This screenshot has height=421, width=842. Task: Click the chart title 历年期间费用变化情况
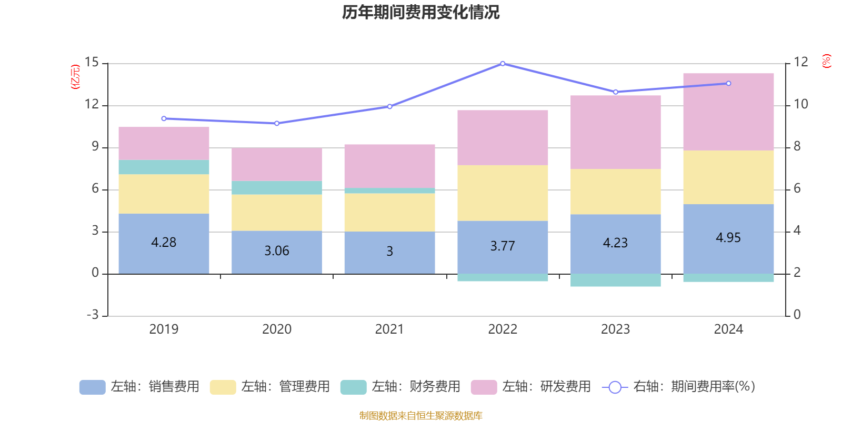420,13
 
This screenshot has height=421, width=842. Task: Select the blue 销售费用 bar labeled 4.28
164,244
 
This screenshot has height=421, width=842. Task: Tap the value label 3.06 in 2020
277,250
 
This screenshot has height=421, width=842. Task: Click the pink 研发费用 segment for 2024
728,112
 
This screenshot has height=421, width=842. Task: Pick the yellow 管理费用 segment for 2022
503,193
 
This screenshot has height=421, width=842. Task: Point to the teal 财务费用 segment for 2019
164,167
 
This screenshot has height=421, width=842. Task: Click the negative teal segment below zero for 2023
616,280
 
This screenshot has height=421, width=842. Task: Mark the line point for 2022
503,64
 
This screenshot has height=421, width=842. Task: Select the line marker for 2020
277,123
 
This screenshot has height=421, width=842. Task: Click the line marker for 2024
728,84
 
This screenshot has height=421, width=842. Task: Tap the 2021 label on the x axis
389,329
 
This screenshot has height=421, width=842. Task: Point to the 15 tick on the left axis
92,62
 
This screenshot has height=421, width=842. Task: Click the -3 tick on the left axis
93,315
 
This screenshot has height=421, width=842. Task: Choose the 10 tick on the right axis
800,104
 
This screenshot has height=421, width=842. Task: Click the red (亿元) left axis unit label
75,77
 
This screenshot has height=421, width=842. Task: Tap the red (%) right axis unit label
827,61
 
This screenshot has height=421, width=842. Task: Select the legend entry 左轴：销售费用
139,387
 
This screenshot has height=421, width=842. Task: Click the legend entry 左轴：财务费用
400,387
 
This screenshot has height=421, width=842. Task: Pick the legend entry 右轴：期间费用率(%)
678,387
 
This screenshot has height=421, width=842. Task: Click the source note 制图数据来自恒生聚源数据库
420,415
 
